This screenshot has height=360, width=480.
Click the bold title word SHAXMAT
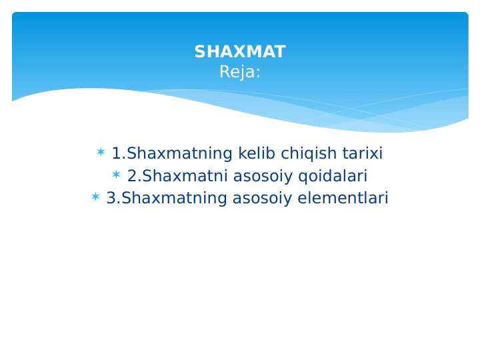(x=240, y=52)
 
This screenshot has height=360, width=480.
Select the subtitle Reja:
(x=240, y=73)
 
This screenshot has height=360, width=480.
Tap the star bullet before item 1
(x=101, y=153)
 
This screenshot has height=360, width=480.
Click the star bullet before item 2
(x=116, y=175)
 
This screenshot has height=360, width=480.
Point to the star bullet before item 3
(x=95, y=197)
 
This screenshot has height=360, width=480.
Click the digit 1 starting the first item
(x=116, y=154)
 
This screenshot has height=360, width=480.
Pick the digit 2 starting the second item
(x=131, y=176)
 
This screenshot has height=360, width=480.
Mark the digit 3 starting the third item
(x=111, y=198)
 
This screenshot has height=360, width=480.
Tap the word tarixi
(x=363, y=154)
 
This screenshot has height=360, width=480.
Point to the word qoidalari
(x=333, y=176)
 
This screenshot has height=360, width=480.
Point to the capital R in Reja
(x=224, y=73)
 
